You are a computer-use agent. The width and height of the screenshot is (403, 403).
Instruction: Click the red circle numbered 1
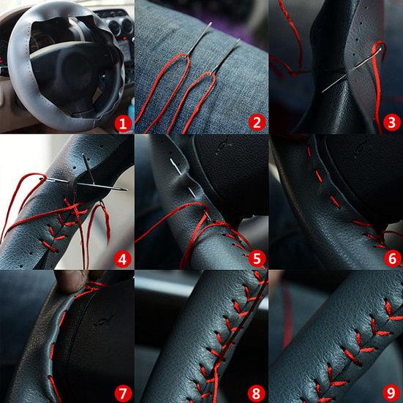tap(123, 123)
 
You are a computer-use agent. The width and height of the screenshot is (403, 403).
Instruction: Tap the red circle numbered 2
tap(257, 123)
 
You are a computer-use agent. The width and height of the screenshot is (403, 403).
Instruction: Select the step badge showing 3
tap(392, 122)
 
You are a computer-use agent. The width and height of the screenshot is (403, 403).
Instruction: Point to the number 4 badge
tap(123, 259)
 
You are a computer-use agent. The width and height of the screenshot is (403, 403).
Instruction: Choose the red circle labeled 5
tap(257, 258)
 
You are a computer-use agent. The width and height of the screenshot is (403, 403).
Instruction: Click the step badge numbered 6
tap(392, 258)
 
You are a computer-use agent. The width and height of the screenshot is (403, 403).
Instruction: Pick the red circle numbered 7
tap(123, 393)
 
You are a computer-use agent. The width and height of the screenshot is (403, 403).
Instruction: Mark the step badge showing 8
tap(257, 393)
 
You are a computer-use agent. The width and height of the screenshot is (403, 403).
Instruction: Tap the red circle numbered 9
tap(391, 393)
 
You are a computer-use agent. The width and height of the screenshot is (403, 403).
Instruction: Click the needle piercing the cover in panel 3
tap(351, 70)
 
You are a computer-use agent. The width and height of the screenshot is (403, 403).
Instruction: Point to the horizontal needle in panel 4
tap(86, 184)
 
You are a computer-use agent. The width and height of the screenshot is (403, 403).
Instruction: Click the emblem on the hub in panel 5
tap(224, 146)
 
